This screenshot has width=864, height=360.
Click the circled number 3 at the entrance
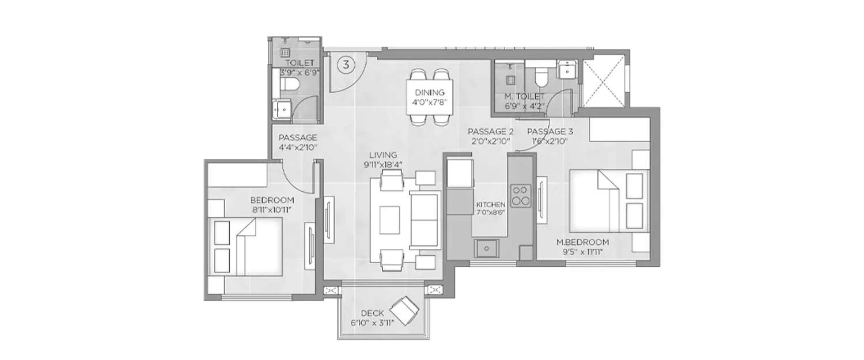[x=346, y=64]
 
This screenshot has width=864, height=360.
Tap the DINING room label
[x=428, y=92]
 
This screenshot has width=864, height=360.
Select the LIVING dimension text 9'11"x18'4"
[x=382, y=164]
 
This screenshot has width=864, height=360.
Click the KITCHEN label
[x=490, y=204]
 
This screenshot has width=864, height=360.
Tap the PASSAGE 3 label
[x=547, y=131]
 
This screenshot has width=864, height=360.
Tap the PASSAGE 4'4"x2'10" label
[x=297, y=138]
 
